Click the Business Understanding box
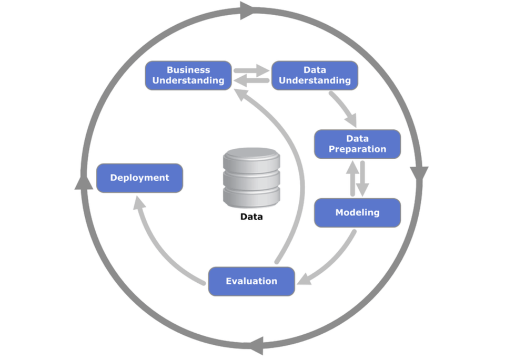pyautogui.click(x=188, y=76)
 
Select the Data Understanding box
pyautogui.click(x=315, y=76)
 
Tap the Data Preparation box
pyautogui.click(x=358, y=144)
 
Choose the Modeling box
pyautogui.click(x=358, y=213)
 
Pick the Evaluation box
pyautogui.click(x=251, y=282)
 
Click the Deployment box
pyautogui.click(x=140, y=178)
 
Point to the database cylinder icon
pyautogui.click(x=251, y=178)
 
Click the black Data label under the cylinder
pyautogui.click(x=251, y=217)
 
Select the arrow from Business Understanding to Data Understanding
pyautogui.click(x=251, y=70)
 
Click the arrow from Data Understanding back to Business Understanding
pyautogui.click(x=251, y=80)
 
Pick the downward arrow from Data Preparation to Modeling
pyautogui.click(x=362, y=179)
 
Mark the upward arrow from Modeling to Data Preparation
pyautogui.click(x=352, y=178)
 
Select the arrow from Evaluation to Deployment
pyautogui.click(x=160, y=250)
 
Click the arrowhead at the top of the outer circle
pyautogui.click(x=247, y=11)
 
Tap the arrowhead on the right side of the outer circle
pyautogui.click(x=419, y=174)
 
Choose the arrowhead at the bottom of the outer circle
pyautogui.click(x=257, y=346)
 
